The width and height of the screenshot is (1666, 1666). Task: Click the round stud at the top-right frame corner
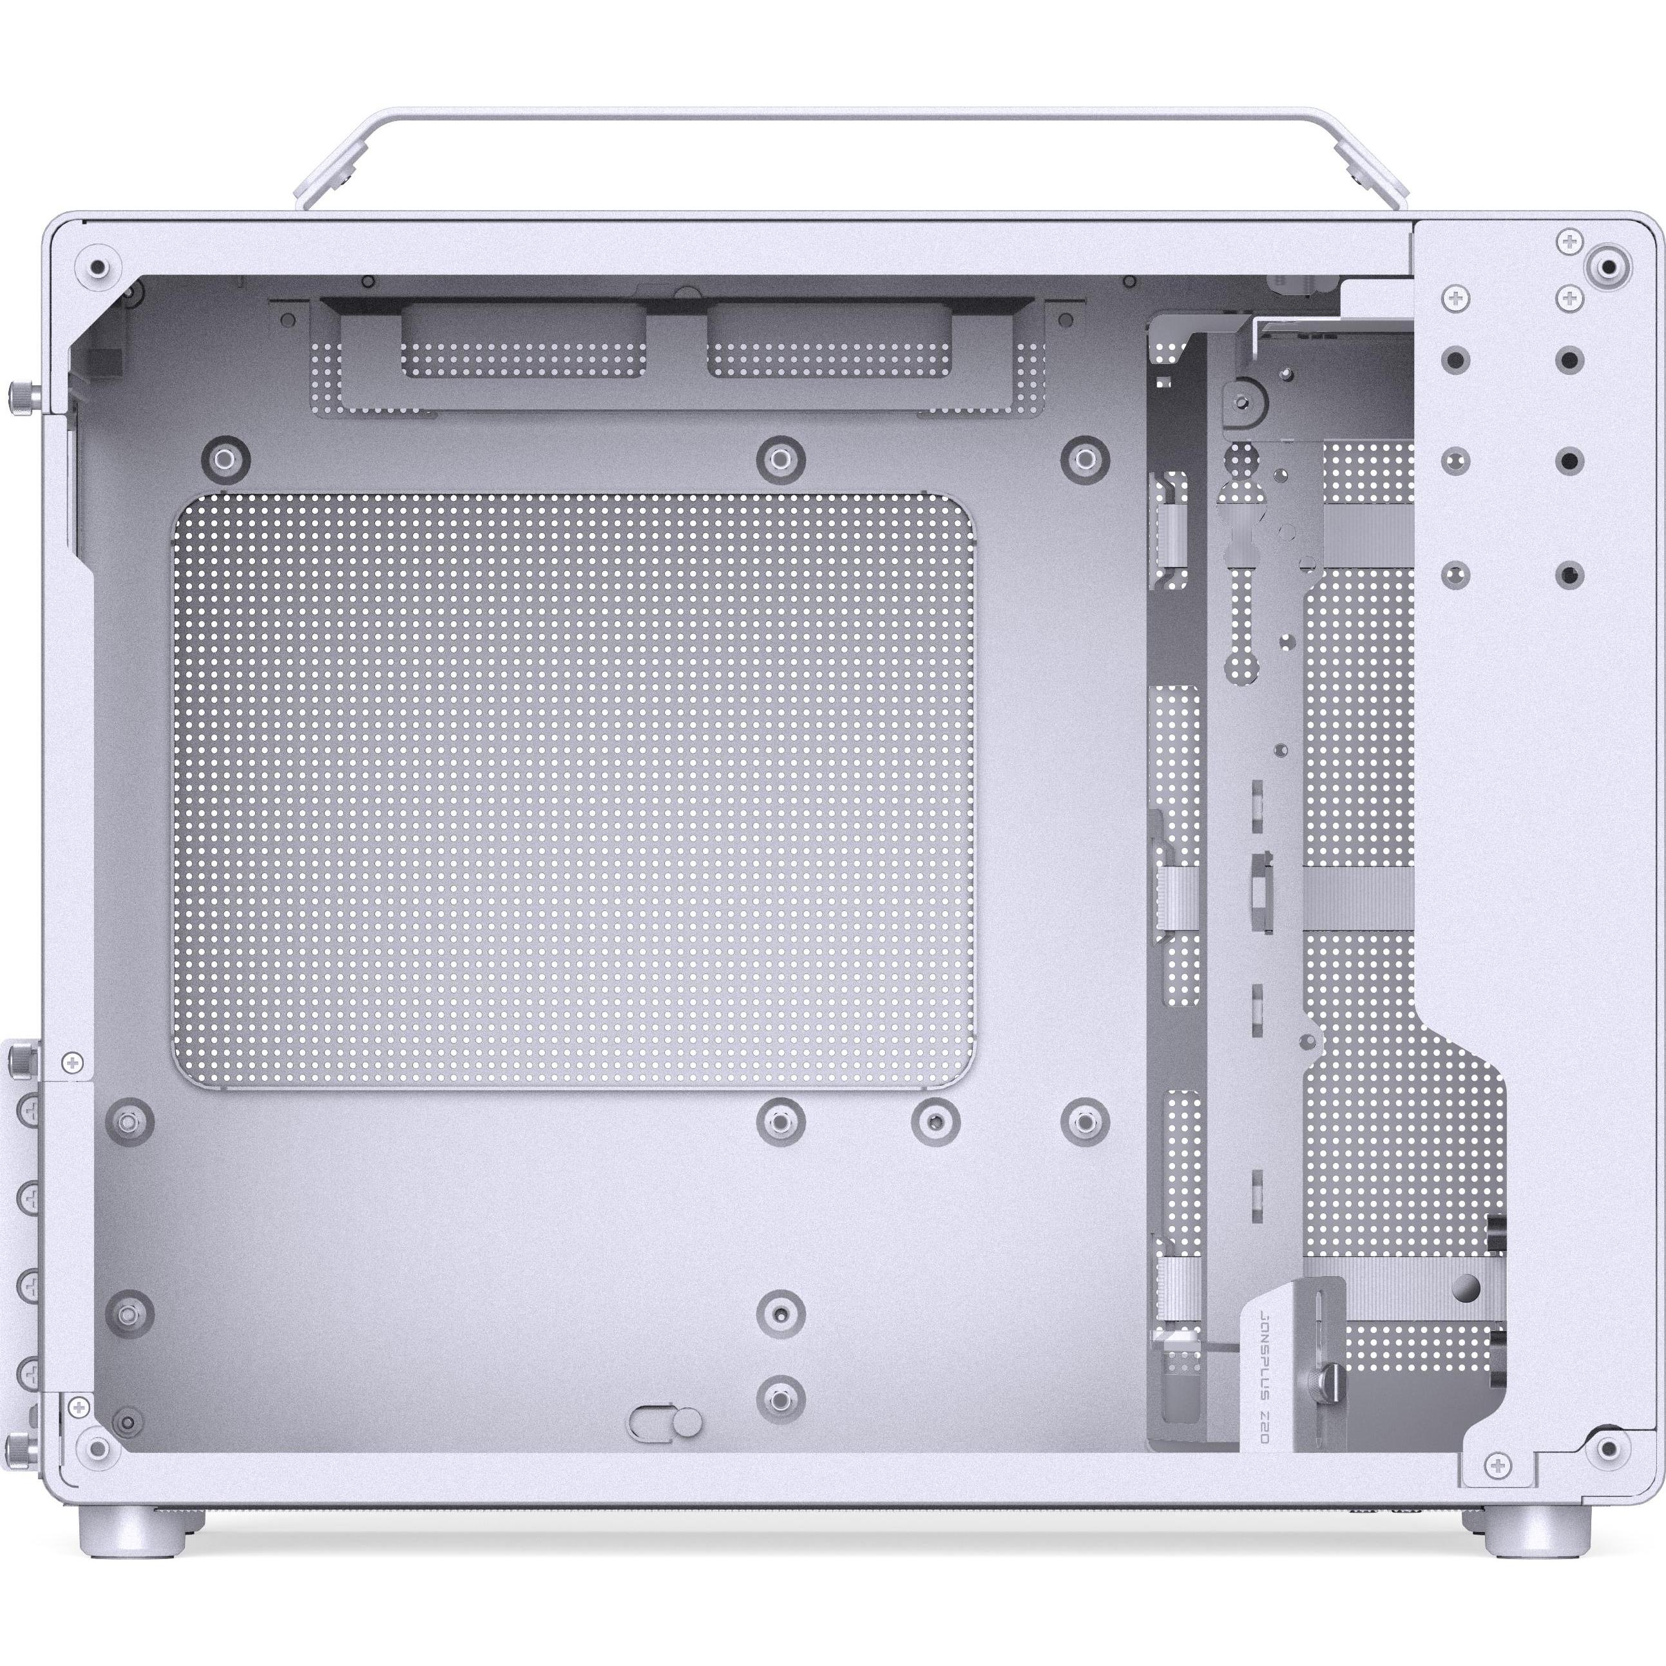[1607, 267]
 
